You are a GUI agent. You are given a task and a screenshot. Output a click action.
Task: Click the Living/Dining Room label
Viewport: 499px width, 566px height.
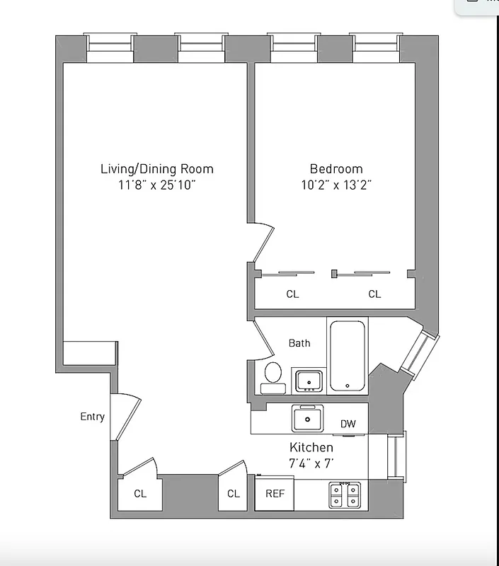point(156,169)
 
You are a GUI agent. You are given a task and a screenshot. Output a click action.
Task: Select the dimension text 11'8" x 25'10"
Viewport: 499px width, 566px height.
point(156,185)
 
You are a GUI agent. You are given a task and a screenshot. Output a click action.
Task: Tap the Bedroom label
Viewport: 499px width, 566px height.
point(336,169)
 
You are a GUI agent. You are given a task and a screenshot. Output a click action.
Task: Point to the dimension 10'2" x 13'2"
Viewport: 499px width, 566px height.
point(336,185)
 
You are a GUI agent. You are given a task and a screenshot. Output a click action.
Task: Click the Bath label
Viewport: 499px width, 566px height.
point(299,343)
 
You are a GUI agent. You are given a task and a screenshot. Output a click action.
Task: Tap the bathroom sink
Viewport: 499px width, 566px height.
point(309,380)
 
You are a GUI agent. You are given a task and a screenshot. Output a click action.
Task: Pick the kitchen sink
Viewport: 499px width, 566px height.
point(309,418)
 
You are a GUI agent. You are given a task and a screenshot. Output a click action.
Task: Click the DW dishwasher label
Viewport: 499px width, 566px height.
point(348,424)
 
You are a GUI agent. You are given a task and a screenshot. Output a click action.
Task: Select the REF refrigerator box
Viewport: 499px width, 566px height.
point(274,493)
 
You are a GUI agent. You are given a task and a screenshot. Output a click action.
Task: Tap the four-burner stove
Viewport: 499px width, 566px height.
point(345,494)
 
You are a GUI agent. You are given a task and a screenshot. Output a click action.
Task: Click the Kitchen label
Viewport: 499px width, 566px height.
point(311,448)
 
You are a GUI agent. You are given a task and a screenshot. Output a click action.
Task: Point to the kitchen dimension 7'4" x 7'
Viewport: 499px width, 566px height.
point(311,463)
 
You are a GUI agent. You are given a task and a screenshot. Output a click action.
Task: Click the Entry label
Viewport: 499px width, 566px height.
point(92,417)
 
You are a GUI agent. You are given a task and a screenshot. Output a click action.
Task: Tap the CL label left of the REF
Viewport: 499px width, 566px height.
point(233,494)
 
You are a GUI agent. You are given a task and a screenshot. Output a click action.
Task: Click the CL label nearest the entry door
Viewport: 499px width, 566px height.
point(140,494)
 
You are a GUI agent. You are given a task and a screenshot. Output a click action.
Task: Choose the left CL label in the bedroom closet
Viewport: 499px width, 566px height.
point(292,294)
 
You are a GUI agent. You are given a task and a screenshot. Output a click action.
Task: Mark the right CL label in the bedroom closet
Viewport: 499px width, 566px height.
point(374,294)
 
